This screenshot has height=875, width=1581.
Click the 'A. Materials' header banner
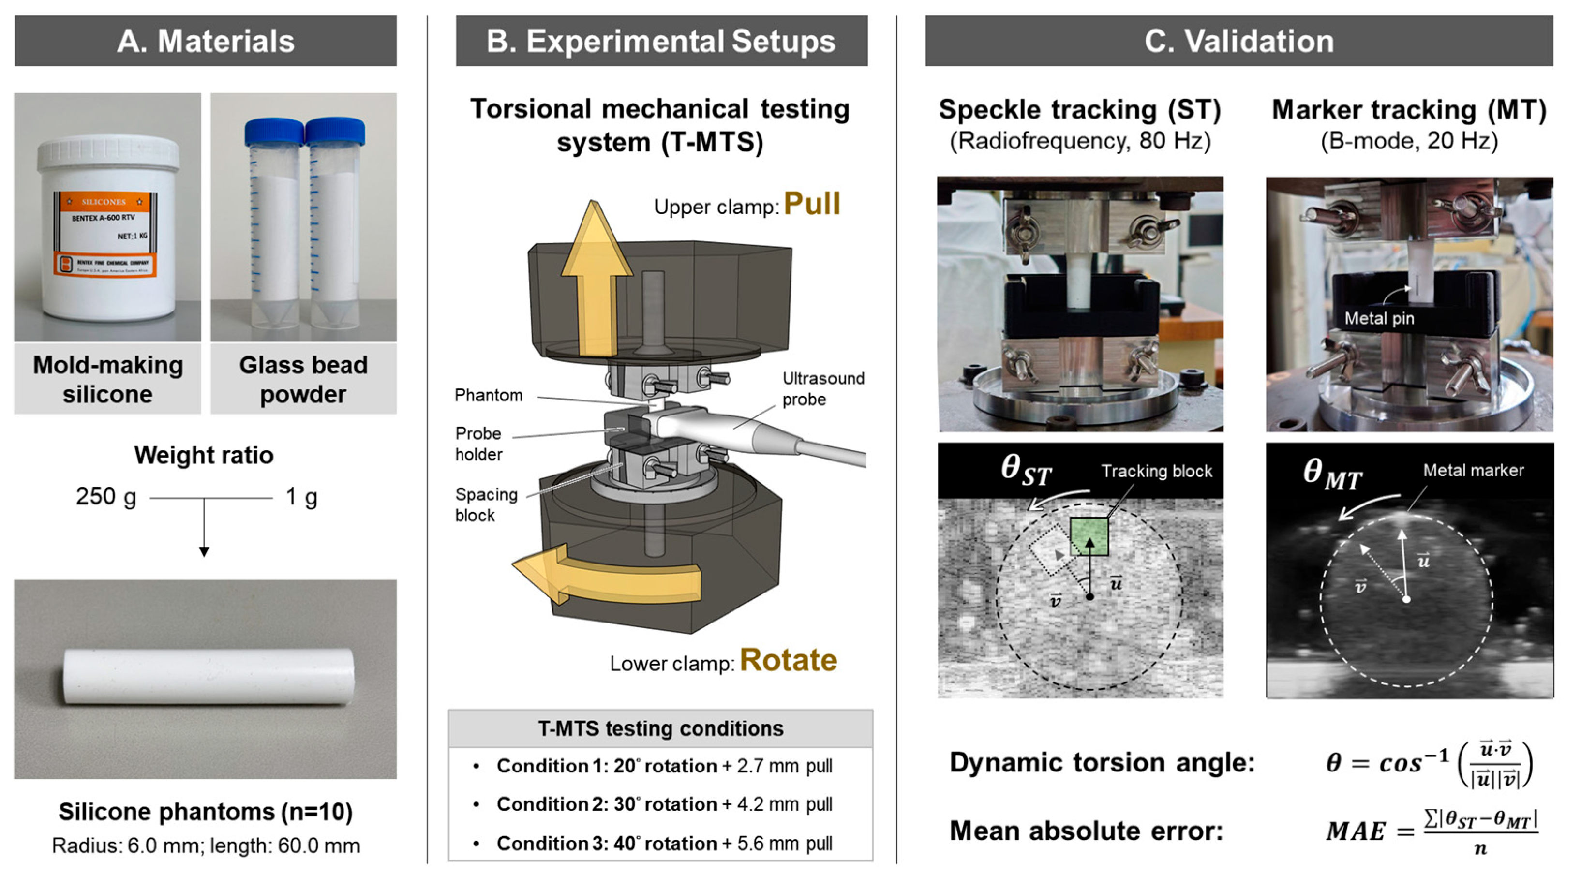click(206, 41)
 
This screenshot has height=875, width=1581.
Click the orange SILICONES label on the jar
click(104, 201)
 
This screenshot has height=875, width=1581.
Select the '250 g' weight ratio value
click(105, 496)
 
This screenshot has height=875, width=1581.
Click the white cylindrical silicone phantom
click(209, 676)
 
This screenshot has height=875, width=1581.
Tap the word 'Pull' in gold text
click(811, 204)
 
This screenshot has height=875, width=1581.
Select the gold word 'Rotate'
click(788, 660)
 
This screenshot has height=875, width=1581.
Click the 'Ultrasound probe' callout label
click(822, 388)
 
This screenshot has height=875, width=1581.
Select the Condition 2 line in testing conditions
click(664, 804)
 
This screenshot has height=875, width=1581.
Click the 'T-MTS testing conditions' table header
click(660, 728)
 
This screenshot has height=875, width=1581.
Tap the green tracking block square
click(1089, 536)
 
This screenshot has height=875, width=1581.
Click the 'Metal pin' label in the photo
click(1379, 318)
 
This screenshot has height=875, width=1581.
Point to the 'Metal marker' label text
click(1473, 471)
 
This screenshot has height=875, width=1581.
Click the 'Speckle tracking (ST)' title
click(1080, 110)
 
